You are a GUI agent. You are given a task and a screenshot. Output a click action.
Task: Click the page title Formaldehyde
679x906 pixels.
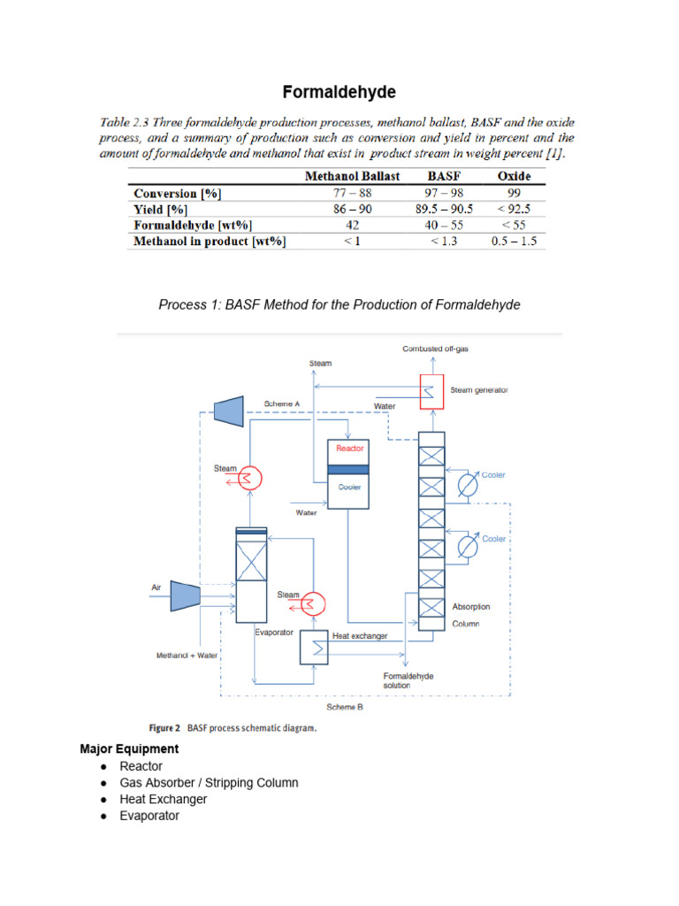coord(339,92)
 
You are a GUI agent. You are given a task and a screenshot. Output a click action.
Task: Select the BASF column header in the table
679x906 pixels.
coord(444,176)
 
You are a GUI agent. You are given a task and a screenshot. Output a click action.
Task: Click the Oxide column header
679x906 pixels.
coord(515,176)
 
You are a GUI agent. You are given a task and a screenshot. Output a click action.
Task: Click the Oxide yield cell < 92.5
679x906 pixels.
coord(515,209)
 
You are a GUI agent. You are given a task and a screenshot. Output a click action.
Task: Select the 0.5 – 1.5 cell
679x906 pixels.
coord(515,241)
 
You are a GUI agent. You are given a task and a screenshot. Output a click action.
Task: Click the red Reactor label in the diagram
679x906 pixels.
coord(350,449)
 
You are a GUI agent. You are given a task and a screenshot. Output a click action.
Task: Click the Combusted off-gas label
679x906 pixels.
coord(435,349)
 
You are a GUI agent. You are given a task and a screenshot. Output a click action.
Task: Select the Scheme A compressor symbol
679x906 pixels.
coord(229,409)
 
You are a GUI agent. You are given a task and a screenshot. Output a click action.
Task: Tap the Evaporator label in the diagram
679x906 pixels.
coord(274,633)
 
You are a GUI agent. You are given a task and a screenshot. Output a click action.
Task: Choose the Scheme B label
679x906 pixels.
coord(345,707)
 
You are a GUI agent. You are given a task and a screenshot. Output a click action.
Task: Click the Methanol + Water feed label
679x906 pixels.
coord(187,656)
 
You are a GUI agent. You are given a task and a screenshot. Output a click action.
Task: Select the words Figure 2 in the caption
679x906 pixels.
coord(164,729)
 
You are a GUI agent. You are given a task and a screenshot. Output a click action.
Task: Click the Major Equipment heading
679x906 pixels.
coord(129,749)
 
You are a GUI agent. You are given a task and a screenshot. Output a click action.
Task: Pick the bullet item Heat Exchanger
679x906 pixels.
coord(164,799)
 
